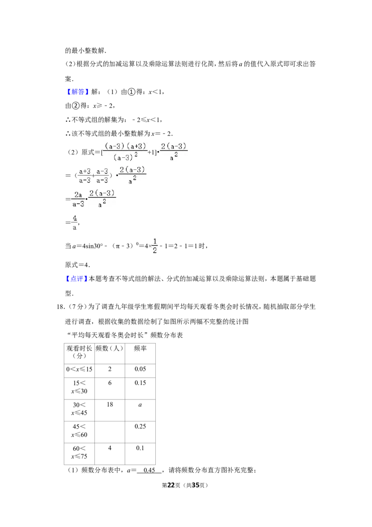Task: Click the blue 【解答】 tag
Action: point(77,92)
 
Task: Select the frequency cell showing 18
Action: point(110,404)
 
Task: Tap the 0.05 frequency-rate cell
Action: point(140,369)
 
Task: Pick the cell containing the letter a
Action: point(140,405)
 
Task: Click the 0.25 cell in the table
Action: point(140,426)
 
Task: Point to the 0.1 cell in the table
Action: point(140,448)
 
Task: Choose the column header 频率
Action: point(140,349)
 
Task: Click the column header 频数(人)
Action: point(109,349)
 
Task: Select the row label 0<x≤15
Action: point(79,369)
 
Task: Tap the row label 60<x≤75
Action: point(79,453)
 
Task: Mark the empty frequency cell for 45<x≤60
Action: point(110,432)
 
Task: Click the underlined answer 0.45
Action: point(149,470)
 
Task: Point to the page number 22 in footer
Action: point(171,485)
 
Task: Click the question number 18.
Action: point(60,306)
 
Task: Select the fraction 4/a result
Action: point(74,223)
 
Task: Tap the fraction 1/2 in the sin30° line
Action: point(155,246)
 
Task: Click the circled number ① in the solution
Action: point(132,92)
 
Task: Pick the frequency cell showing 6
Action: point(110,383)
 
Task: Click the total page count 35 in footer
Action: point(196,485)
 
